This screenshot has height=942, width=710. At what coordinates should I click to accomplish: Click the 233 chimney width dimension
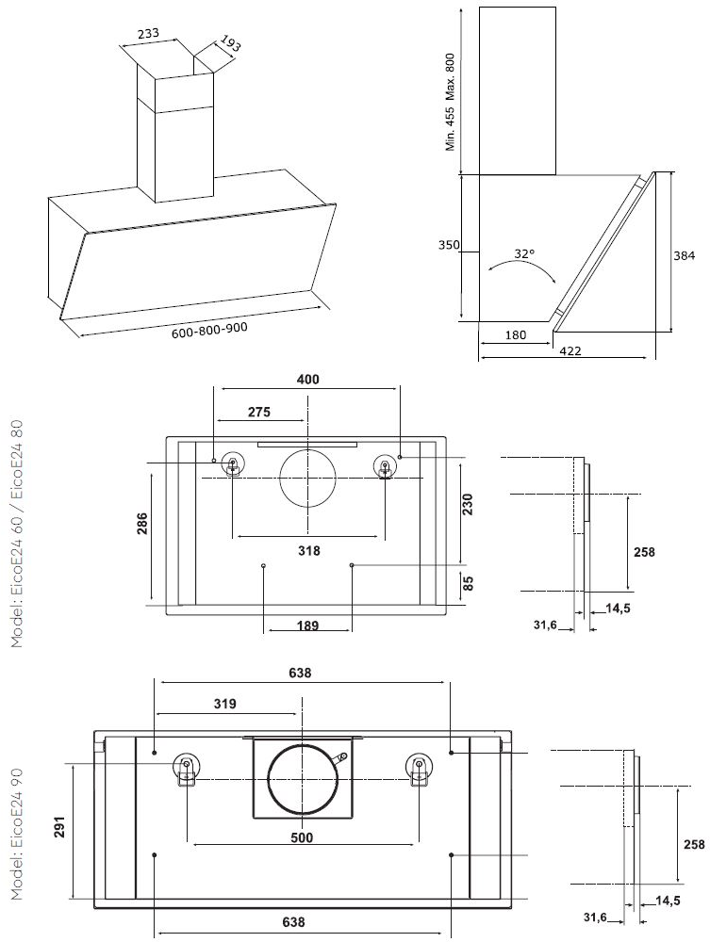pyautogui.click(x=148, y=33)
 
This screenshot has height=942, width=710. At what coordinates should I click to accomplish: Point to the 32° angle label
pyautogui.click(x=524, y=253)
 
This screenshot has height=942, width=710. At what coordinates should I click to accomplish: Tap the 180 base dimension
pyautogui.click(x=515, y=334)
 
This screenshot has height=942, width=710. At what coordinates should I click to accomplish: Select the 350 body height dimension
pyautogui.click(x=449, y=246)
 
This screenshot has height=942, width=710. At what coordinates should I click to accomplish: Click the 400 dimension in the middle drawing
pyautogui.click(x=307, y=380)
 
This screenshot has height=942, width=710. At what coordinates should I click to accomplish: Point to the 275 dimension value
pyautogui.click(x=259, y=412)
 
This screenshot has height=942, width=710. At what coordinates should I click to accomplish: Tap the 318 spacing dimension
pyautogui.click(x=309, y=550)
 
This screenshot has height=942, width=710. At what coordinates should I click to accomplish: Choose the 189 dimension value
pyautogui.click(x=307, y=624)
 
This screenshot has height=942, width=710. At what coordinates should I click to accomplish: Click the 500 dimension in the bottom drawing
pyautogui.click(x=302, y=837)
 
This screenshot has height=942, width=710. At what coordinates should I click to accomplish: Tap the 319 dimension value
pyautogui.click(x=225, y=703)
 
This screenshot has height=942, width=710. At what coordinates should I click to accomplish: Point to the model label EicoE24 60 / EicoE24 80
pyautogui.click(x=18, y=533)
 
